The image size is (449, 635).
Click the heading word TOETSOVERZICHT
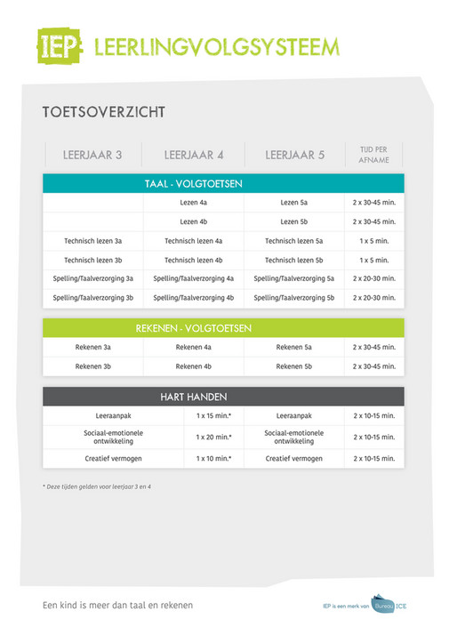click(x=103, y=113)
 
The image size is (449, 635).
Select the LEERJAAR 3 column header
click(x=92, y=155)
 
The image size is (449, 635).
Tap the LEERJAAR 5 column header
click(x=294, y=155)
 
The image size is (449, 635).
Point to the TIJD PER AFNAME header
click(x=373, y=155)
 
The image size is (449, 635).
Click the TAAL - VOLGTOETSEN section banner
click(x=223, y=184)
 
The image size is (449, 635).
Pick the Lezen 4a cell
click(x=194, y=203)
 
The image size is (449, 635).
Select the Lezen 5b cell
click(x=294, y=221)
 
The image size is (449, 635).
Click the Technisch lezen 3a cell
click(x=92, y=240)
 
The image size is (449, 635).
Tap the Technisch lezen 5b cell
click(x=294, y=260)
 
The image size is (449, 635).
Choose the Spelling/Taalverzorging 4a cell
click(x=194, y=278)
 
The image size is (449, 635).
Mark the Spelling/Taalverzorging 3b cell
click(x=92, y=297)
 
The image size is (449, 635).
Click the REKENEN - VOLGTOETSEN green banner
click(x=223, y=328)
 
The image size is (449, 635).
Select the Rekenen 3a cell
click(x=92, y=347)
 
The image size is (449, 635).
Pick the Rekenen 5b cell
click(x=294, y=366)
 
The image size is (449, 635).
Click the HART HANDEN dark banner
click(x=223, y=397)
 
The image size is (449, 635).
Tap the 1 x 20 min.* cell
click(x=213, y=437)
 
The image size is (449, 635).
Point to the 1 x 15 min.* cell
click(x=213, y=415)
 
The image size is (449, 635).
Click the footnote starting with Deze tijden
click(x=97, y=486)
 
